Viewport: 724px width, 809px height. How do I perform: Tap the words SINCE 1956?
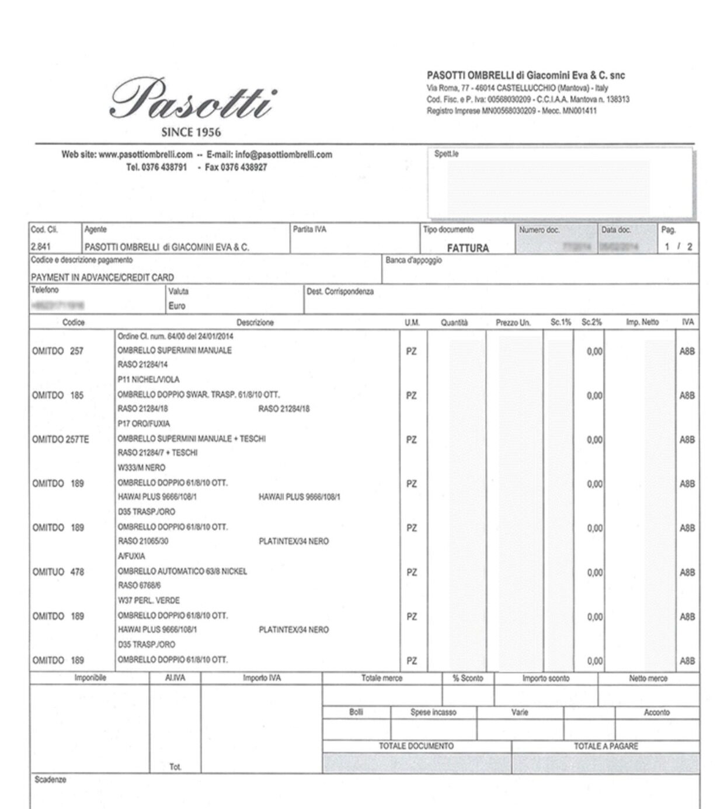click(x=191, y=132)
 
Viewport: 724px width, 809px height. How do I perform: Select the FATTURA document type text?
click(x=468, y=248)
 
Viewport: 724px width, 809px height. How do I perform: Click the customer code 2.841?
click(x=40, y=247)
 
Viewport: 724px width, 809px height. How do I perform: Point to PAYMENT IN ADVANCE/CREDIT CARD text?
click(x=102, y=277)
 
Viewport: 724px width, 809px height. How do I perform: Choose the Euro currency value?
click(x=177, y=306)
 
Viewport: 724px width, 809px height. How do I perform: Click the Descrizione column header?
click(x=255, y=322)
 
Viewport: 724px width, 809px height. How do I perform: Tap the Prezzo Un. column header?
click(x=513, y=322)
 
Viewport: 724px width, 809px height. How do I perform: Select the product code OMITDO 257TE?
click(x=61, y=440)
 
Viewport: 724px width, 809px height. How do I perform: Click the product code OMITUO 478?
click(x=58, y=572)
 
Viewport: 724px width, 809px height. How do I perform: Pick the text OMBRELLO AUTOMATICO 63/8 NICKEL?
click(x=182, y=571)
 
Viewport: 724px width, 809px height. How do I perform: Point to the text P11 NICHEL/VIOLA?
click(x=148, y=379)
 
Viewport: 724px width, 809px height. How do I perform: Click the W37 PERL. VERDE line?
click(x=148, y=600)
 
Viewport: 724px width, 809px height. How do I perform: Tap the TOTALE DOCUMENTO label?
click(x=416, y=746)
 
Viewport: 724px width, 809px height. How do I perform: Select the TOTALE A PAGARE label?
click(x=605, y=746)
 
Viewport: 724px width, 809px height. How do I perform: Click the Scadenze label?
click(x=50, y=780)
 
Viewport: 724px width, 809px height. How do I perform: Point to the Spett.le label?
click(x=446, y=154)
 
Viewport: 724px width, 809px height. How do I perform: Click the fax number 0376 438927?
click(x=236, y=168)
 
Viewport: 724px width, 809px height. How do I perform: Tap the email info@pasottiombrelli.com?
click(x=283, y=155)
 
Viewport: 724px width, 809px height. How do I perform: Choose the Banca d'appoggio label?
click(x=413, y=260)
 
